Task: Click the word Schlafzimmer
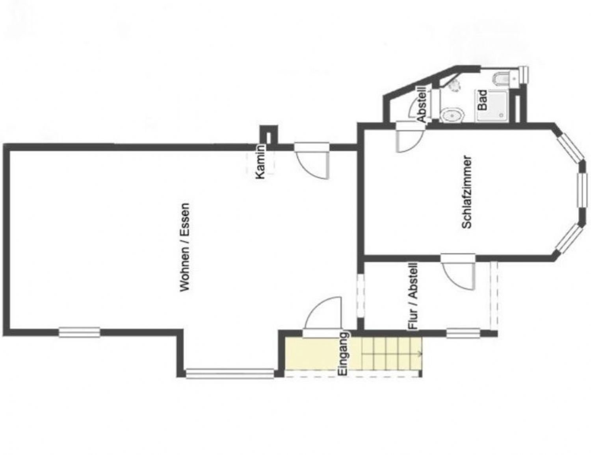(x=466, y=192)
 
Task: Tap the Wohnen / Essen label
(x=185, y=247)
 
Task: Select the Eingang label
(x=343, y=353)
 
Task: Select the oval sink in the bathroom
(x=452, y=115)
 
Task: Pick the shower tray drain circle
(x=501, y=115)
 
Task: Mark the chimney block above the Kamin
(x=268, y=135)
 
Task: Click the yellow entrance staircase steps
(x=391, y=353)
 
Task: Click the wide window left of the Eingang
(x=230, y=374)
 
